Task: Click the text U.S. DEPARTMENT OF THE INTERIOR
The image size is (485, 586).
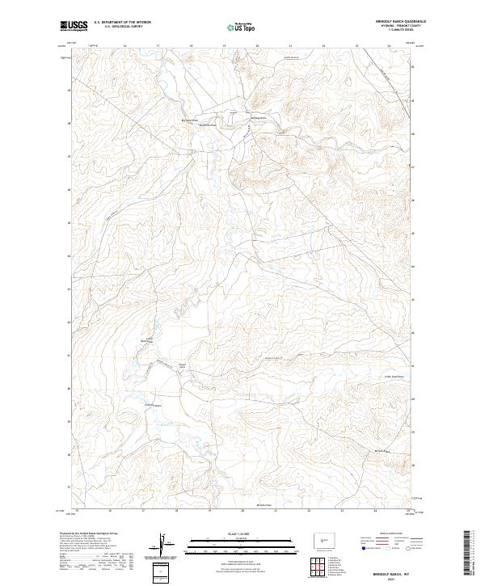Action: (x=122, y=23)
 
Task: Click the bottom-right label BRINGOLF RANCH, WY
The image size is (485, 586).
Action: (x=393, y=571)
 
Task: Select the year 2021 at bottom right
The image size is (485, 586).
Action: (x=393, y=579)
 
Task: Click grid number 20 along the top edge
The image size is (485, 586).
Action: (x=257, y=46)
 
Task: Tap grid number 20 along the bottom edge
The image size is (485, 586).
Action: (x=242, y=511)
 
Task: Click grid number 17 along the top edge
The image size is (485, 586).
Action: (x=158, y=46)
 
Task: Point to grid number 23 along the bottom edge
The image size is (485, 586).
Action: (x=342, y=511)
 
